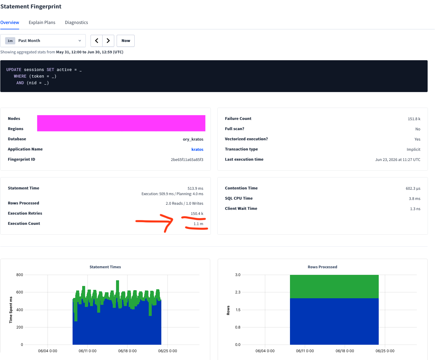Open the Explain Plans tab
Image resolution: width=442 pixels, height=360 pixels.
[42, 22]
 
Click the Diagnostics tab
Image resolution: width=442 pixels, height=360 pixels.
[76, 22]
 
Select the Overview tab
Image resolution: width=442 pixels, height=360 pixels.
[10, 22]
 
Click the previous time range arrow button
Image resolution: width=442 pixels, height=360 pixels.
[97, 41]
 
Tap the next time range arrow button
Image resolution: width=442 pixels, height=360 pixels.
[108, 41]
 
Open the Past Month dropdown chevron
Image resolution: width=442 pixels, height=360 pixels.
[80, 41]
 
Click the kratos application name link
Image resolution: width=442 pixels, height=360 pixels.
[197, 149]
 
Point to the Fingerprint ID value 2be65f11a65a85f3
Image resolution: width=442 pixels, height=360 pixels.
[187, 159]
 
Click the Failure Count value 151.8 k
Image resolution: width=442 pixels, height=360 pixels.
[414, 119]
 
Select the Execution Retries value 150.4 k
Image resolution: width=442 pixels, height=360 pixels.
[197, 213]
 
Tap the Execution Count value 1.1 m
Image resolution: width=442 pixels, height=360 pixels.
[199, 224]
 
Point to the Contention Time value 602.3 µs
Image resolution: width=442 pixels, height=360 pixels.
[413, 188]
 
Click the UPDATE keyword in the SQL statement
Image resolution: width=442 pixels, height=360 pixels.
[14, 70]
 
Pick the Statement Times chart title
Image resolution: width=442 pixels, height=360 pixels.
[105, 267]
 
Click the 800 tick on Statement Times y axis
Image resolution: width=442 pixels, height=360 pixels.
[20, 275]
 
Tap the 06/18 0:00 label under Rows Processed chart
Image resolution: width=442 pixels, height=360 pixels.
[345, 351]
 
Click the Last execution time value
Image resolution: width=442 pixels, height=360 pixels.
[398, 159]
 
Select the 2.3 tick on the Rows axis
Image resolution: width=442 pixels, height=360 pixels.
[238, 292]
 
